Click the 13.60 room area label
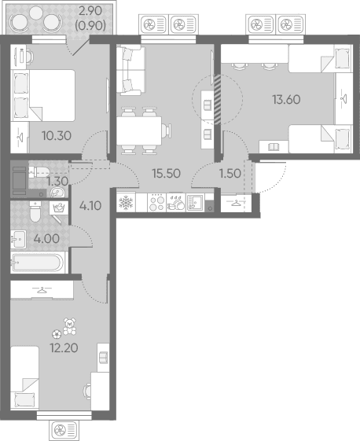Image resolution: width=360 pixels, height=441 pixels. [x=286, y=100]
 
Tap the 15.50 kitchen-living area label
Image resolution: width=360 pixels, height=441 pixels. [x=166, y=174]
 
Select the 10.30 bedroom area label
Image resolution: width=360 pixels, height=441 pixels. [x=57, y=136]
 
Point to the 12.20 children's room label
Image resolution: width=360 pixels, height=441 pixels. [x=64, y=348]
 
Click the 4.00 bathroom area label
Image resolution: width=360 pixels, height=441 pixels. [x=46, y=239]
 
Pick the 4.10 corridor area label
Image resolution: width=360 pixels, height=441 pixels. [x=90, y=206]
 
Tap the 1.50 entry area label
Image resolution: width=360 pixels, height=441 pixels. [x=230, y=174]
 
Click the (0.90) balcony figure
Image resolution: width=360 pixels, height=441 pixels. [x=90, y=26]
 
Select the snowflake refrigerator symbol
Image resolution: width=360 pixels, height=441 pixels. [x=126, y=203]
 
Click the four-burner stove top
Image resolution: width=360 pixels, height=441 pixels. [x=157, y=202]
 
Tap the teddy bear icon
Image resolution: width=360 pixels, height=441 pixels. [x=69, y=326]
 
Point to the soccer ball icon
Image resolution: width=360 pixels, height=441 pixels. [x=57, y=334]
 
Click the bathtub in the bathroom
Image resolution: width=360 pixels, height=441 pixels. [x=38, y=263]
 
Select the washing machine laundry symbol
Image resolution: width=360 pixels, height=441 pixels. [x=59, y=208]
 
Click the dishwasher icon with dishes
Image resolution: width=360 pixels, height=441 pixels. [x=176, y=203]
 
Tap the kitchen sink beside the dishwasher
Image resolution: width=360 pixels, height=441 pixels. [x=194, y=203]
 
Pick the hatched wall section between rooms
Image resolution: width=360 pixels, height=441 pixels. [x=218, y=99]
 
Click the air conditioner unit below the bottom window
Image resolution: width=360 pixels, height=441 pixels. [x=64, y=429]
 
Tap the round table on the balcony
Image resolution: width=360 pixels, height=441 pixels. [x=35, y=13]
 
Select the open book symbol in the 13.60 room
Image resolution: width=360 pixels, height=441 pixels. [x=274, y=146]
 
